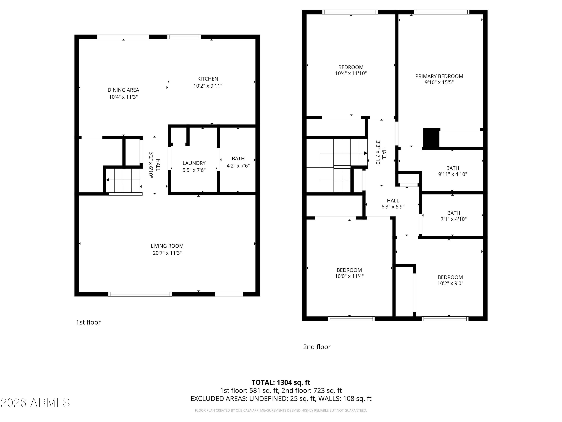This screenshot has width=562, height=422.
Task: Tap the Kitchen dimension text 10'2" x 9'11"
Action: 208,86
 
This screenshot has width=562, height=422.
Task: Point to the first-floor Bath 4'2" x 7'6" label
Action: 238,162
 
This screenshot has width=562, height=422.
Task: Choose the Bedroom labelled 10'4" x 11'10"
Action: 351,70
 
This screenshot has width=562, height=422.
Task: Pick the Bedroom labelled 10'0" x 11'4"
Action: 349,273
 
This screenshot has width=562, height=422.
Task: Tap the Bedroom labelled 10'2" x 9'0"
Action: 450,280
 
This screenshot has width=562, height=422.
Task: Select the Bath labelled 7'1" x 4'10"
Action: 454,216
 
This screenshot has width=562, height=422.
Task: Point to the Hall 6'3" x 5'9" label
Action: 393,203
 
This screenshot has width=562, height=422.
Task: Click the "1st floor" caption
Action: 88,322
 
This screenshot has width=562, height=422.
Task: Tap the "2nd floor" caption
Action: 317,347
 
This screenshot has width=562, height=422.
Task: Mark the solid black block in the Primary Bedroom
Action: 431,138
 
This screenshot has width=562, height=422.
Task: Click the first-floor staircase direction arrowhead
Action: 108,180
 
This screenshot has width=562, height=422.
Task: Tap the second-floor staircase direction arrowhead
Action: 366,153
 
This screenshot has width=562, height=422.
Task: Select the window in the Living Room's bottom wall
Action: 140,294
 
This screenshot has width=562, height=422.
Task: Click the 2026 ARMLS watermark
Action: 35,403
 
